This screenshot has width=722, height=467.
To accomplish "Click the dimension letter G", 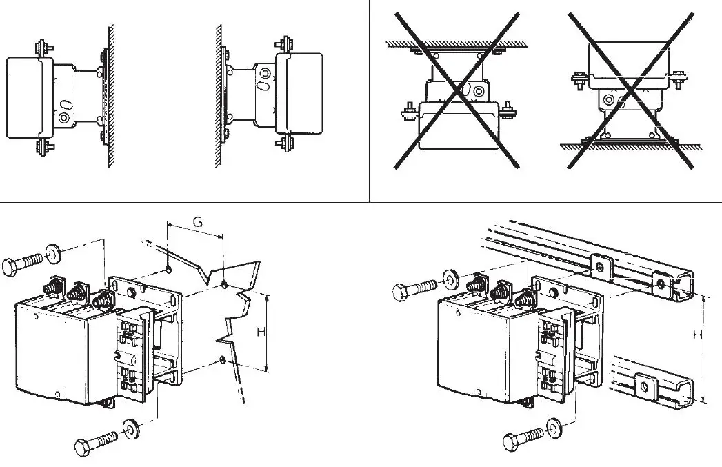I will (x=197, y=222).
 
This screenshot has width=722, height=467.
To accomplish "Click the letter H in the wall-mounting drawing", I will (x=261, y=332).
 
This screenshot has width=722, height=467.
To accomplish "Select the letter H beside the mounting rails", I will (x=698, y=334).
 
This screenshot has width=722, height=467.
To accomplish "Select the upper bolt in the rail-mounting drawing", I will (x=414, y=289).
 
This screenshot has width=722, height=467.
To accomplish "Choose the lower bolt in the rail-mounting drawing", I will (x=523, y=439).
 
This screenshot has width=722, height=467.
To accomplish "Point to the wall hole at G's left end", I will (x=168, y=268).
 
